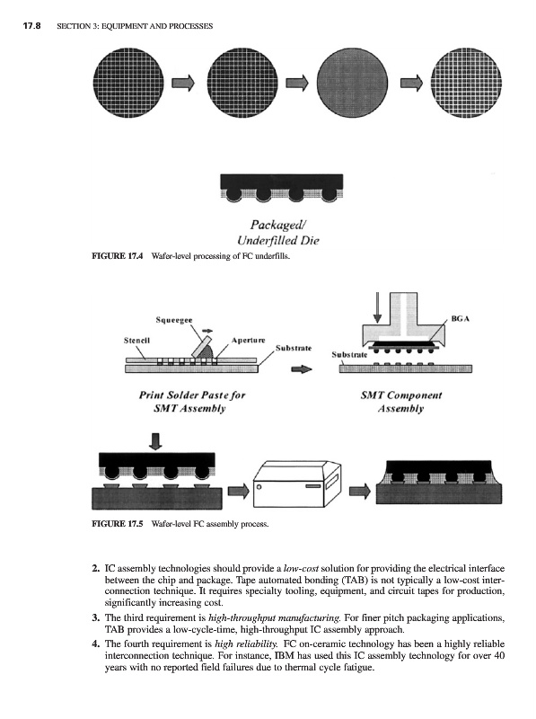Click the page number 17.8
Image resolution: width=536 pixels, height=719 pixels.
click(31, 26)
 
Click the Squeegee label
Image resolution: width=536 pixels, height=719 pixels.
click(174, 320)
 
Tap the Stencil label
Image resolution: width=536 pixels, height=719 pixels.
click(136, 341)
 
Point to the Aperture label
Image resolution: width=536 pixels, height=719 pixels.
click(249, 341)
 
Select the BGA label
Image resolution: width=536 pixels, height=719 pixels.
click(461, 319)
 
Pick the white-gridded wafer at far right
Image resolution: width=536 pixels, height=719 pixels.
click(466, 83)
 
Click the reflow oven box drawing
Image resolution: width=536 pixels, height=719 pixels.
click(297, 484)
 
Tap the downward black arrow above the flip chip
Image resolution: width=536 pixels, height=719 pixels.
click(155, 441)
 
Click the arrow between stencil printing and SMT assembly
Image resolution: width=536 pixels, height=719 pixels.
click(302, 369)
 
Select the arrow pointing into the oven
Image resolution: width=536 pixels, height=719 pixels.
click(238, 491)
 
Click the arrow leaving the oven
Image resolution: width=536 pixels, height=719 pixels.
click(360, 491)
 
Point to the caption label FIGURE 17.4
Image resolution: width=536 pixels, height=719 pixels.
click(118, 256)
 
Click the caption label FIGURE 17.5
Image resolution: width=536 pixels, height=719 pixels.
click(118, 524)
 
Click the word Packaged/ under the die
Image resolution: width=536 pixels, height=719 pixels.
click(278, 225)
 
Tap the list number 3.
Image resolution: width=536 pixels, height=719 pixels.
click(96, 618)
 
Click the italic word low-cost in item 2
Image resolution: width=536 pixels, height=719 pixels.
click(301, 569)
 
